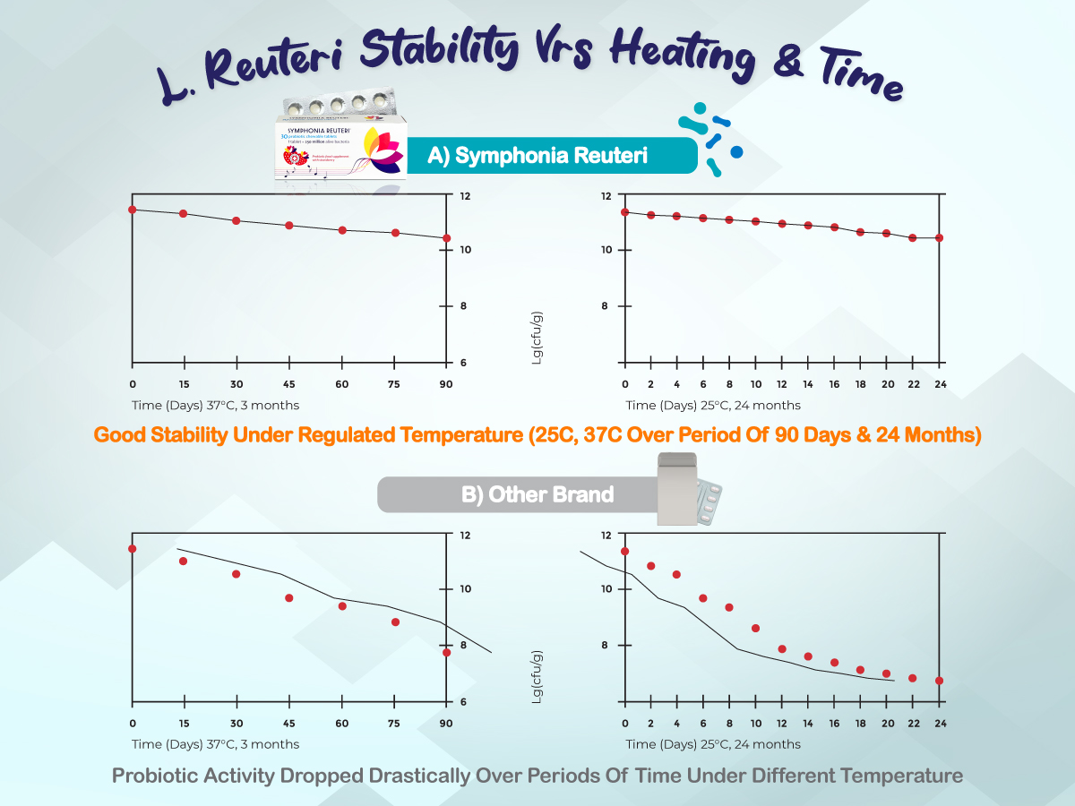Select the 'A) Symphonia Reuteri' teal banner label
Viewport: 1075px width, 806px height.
pyautogui.click(x=537, y=156)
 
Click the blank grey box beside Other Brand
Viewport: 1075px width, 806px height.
pyautogui.click(x=678, y=489)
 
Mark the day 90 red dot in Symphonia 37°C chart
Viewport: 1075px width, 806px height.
pyautogui.click(x=446, y=238)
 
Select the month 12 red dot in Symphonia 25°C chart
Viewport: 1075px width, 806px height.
pyautogui.click(x=782, y=223)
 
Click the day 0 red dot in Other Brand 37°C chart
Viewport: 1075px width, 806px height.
pyautogui.click(x=133, y=549)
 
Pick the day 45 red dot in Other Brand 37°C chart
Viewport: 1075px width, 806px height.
pyautogui.click(x=288, y=598)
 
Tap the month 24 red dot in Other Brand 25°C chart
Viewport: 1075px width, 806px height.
pyautogui.click(x=939, y=681)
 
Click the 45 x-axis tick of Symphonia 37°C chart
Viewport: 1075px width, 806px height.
pyautogui.click(x=288, y=384)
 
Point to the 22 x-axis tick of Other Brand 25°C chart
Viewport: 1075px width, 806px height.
pyautogui.click(x=912, y=723)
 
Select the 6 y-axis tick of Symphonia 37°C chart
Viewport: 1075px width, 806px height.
pyautogui.click(x=464, y=364)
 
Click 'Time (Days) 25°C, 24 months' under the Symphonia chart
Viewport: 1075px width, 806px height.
pyautogui.click(x=713, y=406)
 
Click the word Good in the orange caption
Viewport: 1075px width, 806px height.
pyautogui.click(x=120, y=436)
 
